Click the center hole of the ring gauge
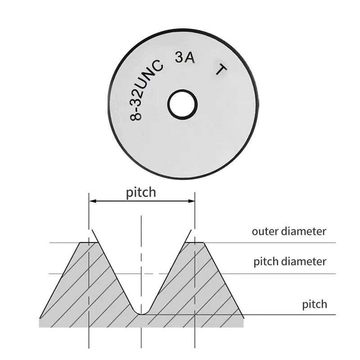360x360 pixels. pyautogui.click(x=183, y=105)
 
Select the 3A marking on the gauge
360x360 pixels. pyautogui.click(x=185, y=58)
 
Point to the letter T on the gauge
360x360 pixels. pyautogui.click(x=221, y=70)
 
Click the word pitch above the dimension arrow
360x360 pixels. pyautogui.click(x=141, y=193)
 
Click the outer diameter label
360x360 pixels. pyautogui.click(x=289, y=231)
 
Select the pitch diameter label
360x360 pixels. pyautogui.click(x=290, y=262)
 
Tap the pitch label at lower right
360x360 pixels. pyautogui.click(x=315, y=305)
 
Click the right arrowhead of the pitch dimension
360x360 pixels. pyautogui.click(x=191, y=201)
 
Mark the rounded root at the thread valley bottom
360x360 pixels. pyautogui.click(x=142, y=312)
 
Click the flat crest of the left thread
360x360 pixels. pyautogui.click(x=89, y=243)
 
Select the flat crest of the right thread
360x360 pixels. pyautogui.click(x=195, y=243)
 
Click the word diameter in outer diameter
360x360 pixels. pyautogui.click(x=304, y=231)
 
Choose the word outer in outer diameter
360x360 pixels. pyautogui.click(x=265, y=232)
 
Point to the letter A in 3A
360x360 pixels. pyautogui.click(x=190, y=58)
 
